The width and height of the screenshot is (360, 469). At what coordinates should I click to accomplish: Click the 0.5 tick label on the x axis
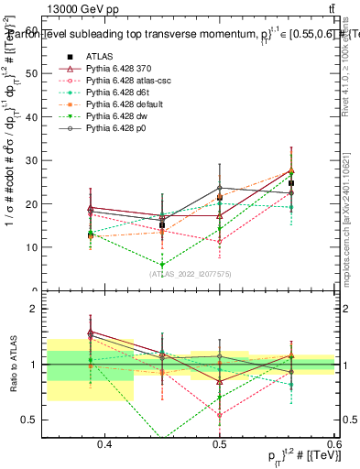click(220, 444)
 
